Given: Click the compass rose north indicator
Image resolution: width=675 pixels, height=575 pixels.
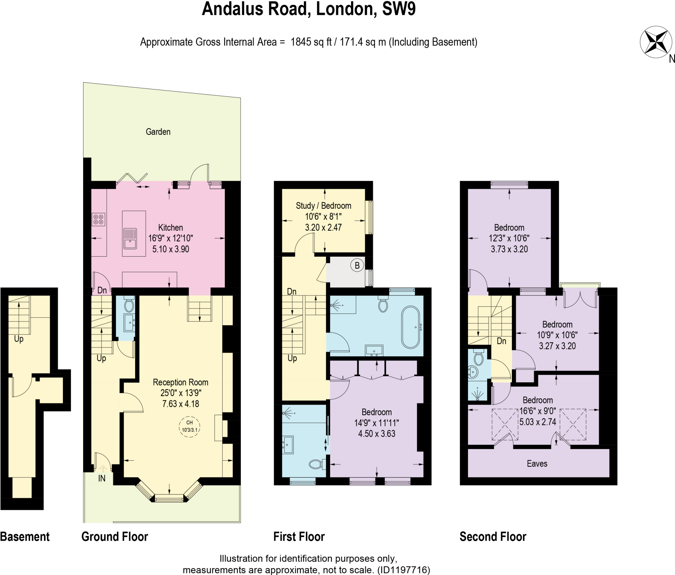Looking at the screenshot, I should pos(656,42).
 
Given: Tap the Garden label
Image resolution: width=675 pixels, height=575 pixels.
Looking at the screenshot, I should pos(158,132).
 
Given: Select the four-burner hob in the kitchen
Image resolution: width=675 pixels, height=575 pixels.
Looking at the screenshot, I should pos(99,219).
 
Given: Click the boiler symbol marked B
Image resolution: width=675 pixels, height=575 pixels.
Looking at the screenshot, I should pos(357,265).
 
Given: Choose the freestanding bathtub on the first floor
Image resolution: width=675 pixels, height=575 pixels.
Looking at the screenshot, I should pos(411,327).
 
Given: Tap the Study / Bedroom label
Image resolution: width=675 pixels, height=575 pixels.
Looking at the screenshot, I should pos(323,206).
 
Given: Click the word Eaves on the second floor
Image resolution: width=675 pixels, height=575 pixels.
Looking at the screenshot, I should pos(537,464).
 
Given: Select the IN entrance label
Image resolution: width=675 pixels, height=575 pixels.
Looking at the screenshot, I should pos(102,478).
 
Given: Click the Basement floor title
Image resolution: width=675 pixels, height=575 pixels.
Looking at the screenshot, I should pos(25,537).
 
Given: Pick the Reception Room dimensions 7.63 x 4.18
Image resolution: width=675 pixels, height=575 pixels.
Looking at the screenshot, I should pos(181,404).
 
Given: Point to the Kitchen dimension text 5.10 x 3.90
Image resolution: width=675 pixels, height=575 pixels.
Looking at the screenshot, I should pos(171,249).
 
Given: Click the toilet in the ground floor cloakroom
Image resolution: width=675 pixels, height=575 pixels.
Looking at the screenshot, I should pos(129,305).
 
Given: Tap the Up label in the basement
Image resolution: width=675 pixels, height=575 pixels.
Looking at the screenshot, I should pos(19,339).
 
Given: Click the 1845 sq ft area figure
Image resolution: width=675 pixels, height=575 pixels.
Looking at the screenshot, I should pos(311,42).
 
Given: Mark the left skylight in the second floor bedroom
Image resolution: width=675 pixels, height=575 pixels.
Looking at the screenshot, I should pos(505,424).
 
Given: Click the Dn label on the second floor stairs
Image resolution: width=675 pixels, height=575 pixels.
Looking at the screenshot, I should pos(501,341).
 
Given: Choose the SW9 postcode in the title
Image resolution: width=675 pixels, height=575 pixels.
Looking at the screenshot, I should pos(399,9).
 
